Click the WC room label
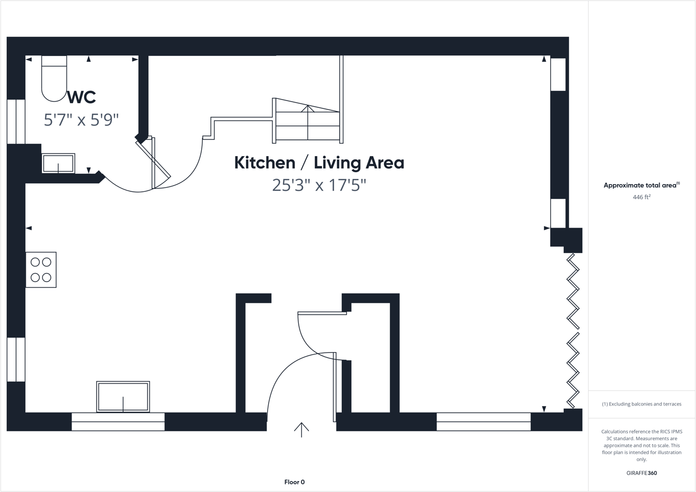click(81, 97)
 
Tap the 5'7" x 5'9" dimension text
click(81, 120)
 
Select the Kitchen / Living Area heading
click(319, 163)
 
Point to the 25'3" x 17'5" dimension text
click(319, 185)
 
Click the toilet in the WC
click(54, 78)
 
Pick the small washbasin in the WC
click(58, 163)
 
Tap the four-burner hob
click(41, 270)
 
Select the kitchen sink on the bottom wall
click(123, 397)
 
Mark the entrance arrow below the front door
click(301, 430)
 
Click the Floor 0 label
click(295, 482)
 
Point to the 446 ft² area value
click(642, 198)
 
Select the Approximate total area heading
click(641, 185)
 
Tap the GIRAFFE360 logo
click(642, 473)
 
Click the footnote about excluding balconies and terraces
click(642, 404)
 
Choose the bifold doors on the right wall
click(573, 330)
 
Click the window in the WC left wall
click(16, 121)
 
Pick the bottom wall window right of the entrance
click(483, 421)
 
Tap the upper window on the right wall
click(558, 74)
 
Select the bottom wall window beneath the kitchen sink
click(118, 421)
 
